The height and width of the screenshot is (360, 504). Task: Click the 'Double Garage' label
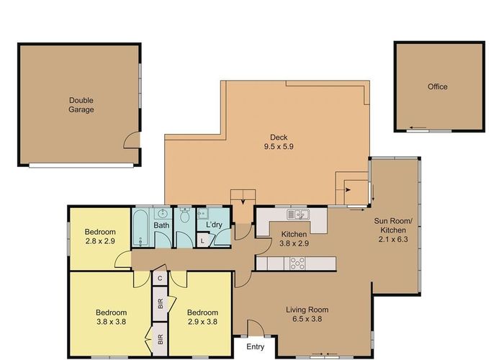[x=81, y=105]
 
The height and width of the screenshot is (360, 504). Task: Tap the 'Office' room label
[x=437, y=87]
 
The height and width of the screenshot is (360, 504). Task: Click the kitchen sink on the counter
[x=297, y=214]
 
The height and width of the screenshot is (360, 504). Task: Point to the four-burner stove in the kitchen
[x=297, y=264]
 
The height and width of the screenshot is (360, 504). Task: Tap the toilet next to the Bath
[x=184, y=215]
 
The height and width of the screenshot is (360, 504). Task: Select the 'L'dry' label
[x=214, y=225]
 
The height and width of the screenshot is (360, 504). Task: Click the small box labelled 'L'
[x=202, y=241]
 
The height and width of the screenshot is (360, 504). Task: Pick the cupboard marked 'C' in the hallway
[x=159, y=277]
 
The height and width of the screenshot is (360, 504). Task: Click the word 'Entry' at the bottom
[x=254, y=347]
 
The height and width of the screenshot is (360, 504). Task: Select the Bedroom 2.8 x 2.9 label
[x=99, y=236]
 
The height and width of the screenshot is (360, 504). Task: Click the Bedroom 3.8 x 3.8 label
[x=111, y=318]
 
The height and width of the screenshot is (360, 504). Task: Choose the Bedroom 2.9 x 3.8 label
[x=202, y=318]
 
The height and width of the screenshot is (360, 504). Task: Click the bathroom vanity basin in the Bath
[x=163, y=214]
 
